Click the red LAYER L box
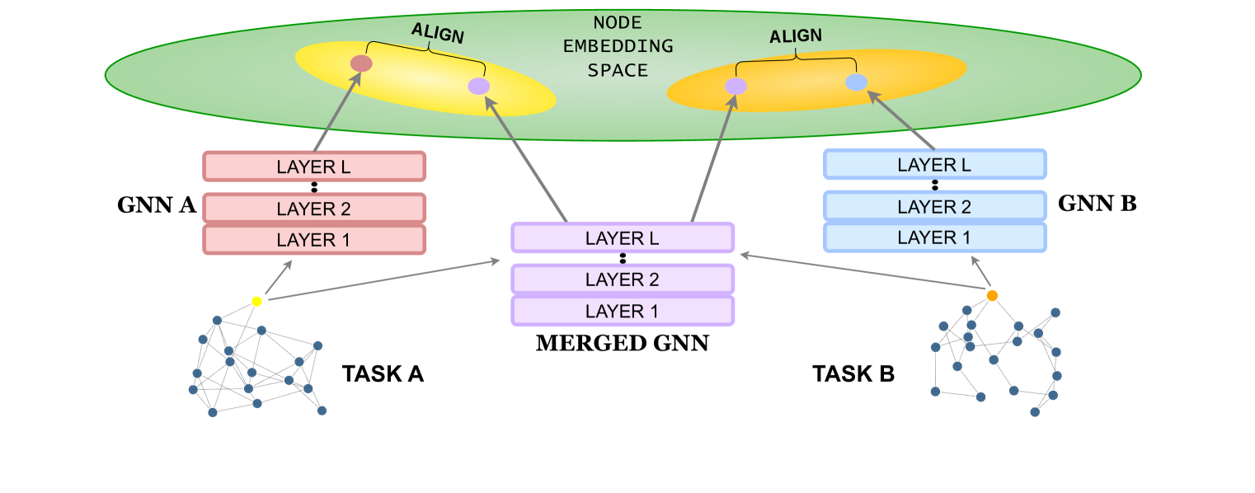pyautogui.click(x=314, y=167)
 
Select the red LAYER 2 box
pyautogui.click(x=314, y=209)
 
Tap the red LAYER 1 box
pyautogui.click(x=314, y=240)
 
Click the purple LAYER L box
pyautogui.click(x=623, y=237)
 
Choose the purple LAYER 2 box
pyautogui.click(x=623, y=279)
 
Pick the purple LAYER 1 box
pyautogui.click(x=623, y=311)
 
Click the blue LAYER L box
pyautogui.click(x=934, y=164)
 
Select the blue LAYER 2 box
pyautogui.click(x=934, y=206)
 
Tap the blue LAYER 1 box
pyautogui.click(x=934, y=237)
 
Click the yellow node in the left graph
pyautogui.click(x=256, y=302)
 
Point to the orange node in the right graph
pyautogui.click(x=992, y=295)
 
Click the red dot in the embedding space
pyautogui.click(x=361, y=63)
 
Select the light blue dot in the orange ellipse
pyautogui.click(x=857, y=82)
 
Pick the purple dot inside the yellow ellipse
pyautogui.click(x=479, y=86)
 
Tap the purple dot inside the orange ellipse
pyautogui.click(x=736, y=87)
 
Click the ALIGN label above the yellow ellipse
pyautogui.click(x=438, y=34)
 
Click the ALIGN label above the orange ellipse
pyautogui.click(x=796, y=37)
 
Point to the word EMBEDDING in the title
pyautogui.click(x=618, y=46)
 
